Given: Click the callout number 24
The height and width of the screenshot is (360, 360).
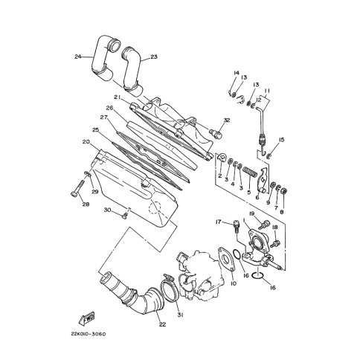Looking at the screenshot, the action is (78, 57).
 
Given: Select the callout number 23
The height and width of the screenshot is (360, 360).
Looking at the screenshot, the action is (154, 57).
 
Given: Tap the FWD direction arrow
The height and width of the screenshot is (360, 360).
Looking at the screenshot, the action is (87, 318).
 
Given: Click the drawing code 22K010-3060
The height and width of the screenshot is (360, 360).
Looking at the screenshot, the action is (89, 334).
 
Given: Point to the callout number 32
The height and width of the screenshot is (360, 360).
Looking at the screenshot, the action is (227, 120).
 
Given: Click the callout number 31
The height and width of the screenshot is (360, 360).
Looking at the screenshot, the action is (180, 315).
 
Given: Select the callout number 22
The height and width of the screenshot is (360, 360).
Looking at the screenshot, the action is (162, 324).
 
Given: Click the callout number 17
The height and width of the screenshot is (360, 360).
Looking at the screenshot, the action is (219, 222).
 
